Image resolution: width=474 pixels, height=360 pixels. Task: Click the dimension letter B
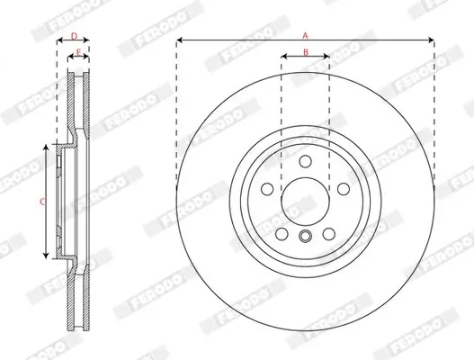(305, 52)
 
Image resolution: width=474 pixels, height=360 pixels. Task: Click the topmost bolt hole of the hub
(305, 161)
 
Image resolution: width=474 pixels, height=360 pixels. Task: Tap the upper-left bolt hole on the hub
(266, 189)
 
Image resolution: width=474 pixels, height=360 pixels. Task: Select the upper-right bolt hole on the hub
(344, 189)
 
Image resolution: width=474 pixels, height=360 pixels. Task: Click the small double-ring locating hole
(305, 238)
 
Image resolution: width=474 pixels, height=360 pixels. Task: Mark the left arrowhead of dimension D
(59, 42)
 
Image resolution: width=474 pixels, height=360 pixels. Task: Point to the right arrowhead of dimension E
(87, 59)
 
